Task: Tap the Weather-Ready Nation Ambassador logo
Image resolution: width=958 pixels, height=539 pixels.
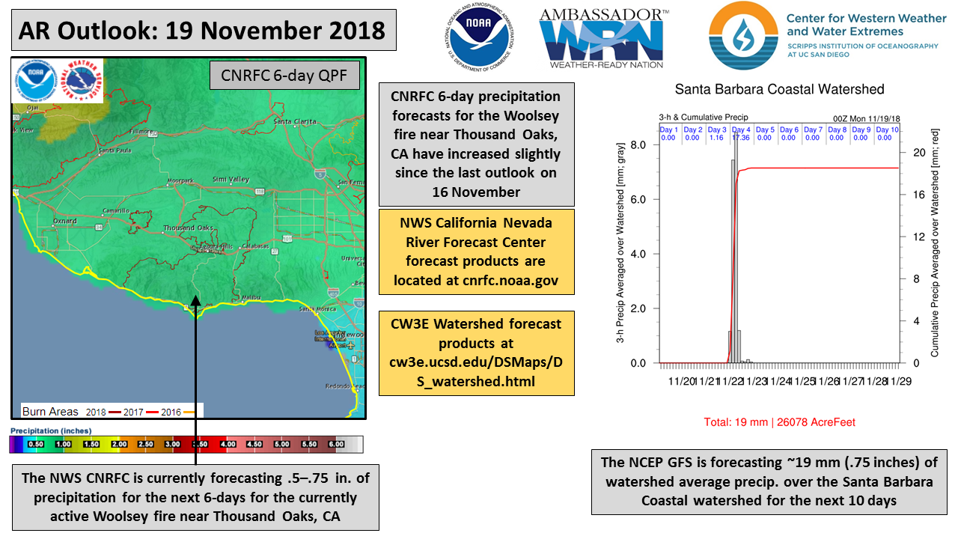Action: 604,38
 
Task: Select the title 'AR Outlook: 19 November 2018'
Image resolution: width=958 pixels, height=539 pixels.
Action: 202,31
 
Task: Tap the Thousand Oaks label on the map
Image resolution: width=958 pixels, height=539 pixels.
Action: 189,228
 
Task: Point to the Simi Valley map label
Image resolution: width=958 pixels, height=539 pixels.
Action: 231,180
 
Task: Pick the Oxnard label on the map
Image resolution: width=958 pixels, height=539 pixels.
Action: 65,222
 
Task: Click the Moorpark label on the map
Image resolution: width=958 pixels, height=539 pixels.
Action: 180,181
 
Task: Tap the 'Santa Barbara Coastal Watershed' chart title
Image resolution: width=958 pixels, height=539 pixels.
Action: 779,90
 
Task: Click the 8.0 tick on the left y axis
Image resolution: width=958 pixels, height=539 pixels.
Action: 638,145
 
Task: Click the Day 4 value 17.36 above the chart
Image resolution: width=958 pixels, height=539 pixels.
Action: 741,138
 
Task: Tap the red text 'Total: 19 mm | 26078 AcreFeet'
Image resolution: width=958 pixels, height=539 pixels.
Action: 779,422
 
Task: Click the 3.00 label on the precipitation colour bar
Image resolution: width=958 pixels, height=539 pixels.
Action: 173,444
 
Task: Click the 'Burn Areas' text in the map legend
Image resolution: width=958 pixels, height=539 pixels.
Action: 51,412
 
